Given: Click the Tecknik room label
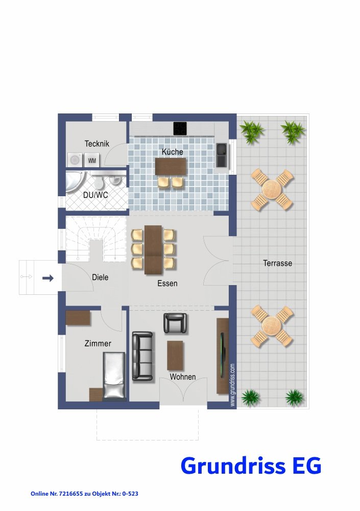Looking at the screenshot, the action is tap(97, 144).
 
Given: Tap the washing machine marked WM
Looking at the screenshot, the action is tap(92, 160).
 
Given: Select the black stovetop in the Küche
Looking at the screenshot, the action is tap(180, 128).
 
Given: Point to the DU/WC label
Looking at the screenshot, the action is tap(95, 195).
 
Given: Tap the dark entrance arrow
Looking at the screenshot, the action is tap(48, 278).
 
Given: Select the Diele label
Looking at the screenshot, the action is tap(100, 277).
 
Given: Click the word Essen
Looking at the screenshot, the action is tap(167, 284).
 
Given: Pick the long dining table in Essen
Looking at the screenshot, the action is tap(154, 250).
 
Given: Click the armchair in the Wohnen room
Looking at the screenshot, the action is tap(175, 323).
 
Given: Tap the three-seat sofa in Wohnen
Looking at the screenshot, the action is tap(142, 356).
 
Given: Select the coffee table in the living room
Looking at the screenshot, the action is tap(175, 355).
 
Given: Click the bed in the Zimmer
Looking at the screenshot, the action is tap(114, 376).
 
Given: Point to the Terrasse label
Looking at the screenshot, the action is tap(278, 263).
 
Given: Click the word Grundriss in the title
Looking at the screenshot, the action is tap(233, 466).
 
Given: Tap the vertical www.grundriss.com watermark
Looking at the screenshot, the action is tap(232, 385).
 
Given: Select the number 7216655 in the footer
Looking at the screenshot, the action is tap(70, 494).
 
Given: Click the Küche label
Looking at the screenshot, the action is tap(173, 152).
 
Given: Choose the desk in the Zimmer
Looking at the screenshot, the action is tap(78, 318).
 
